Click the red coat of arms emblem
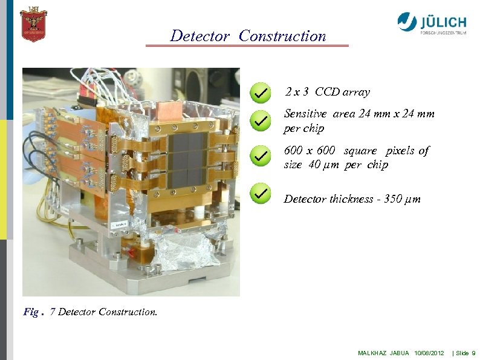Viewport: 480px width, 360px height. pos(33,24)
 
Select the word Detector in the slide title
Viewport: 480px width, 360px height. pos(199,36)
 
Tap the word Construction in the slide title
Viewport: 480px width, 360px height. pos(282,36)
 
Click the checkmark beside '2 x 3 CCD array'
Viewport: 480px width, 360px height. pos(259,93)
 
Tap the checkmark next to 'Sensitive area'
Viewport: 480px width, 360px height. pos(259,121)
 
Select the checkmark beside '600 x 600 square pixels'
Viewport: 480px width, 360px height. pos(259,156)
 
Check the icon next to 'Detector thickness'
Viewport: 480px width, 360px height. pos(259,194)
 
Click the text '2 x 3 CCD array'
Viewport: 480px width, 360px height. pos(327,93)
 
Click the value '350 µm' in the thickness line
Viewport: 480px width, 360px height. pos(402,199)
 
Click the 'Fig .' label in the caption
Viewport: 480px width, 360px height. pos(34,312)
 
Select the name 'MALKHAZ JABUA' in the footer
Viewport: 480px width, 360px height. pos(383,353)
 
